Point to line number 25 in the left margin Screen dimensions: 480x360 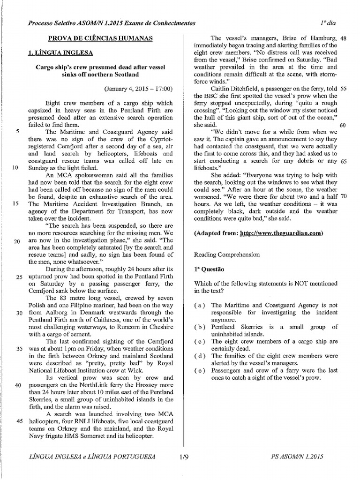pyautogui.click(x=19, y=277)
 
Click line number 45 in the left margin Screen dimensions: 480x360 pyautogui.click(x=19, y=420)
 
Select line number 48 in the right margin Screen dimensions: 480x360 pyautogui.click(x=342, y=38)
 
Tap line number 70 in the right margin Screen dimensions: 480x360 pyautogui.click(x=342, y=196)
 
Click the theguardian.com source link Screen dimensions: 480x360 pyautogui.click(x=280, y=233)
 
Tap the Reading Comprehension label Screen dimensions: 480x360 pyautogui.click(x=226, y=255)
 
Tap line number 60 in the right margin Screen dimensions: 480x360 pyautogui.click(x=342, y=125)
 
